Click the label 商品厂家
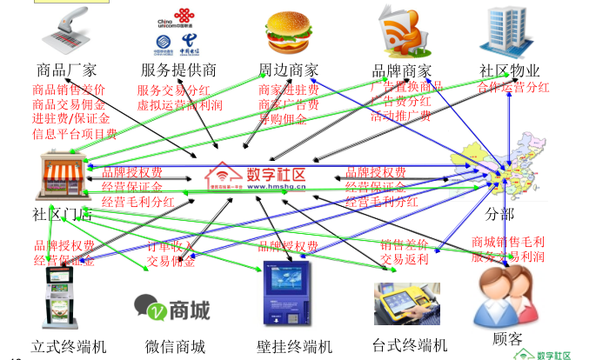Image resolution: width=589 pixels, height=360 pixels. tap(67, 70)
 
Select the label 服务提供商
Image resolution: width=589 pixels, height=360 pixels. tap(178, 70)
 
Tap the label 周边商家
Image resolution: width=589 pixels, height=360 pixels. tap(288, 70)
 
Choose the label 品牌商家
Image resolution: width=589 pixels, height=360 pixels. tap(402, 70)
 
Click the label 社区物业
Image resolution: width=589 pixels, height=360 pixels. tap(510, 70)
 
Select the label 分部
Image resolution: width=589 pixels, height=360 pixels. tap(501, 214)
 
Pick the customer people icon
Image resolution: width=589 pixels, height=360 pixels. tap(505, 296)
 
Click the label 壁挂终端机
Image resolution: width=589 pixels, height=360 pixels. tap(296, 346)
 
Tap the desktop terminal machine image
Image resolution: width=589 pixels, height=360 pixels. tap(406, 303)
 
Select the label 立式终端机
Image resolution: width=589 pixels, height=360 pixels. tap(69, 346)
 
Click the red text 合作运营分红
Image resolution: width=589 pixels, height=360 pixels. tap(513, 87)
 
